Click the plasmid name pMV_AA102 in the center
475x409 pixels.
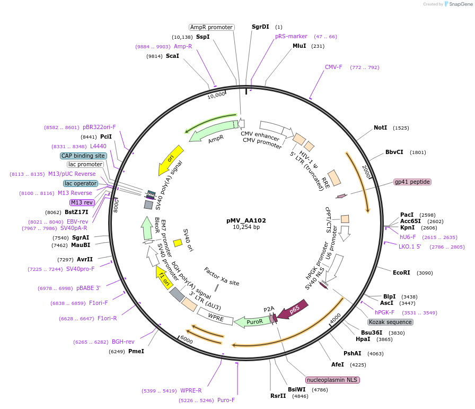pos(246,220)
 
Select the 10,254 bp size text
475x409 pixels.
pos(246,227)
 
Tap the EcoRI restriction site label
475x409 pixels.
pos(401,273)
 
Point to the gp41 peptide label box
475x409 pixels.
pos(412,182)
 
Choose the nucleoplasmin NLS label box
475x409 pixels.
pos(332,380)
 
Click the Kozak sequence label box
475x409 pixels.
pos(390,322)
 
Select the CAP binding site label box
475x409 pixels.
pos(83,156)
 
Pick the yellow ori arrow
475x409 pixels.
pos(170,160)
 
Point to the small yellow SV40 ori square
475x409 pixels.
pos(178,243)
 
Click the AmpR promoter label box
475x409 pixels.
pos(212,27)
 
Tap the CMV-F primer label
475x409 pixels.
pos(333,67)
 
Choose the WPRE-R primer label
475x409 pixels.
pos(191,390)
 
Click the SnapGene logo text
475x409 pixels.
pos(458,4)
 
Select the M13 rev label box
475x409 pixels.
pos(81,202)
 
